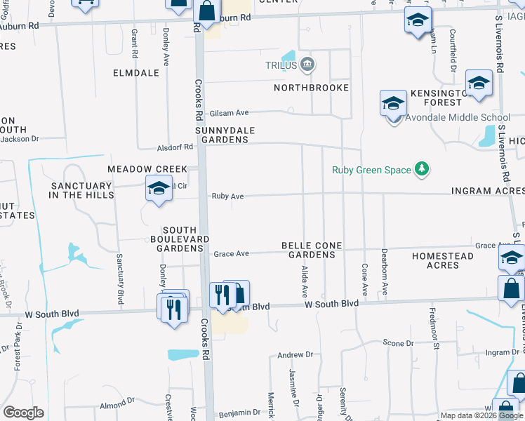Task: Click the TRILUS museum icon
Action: pyautogui.click(x=307, y=66)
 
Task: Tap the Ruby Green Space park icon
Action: pyautogui.click(x=421, y=168)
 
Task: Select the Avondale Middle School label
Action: pyautogui.click(x=458, y=117)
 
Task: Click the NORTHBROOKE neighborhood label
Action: pyautogui.click(x=311, y=88)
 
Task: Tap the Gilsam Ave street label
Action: pyautogui.click(x=231, y=112)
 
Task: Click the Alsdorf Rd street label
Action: pyautogui.click(x=175, y=147)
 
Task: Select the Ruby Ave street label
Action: pyautogui.click(x=227, y=196)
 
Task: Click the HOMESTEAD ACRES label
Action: pyautogui.click(x=442, y=261)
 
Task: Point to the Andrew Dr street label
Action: pyautogui.click(x=295, y=356)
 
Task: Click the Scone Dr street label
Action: pyautogui.click(x=399, y=343)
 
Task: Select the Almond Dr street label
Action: pyautogui.click(x=117, y=404)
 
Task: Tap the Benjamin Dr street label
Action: pyautogui.click(x=234, y=415)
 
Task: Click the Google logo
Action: pyautogui.click(x=23, y=412)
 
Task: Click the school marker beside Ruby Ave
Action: pyautogui.click(x=159, y=188)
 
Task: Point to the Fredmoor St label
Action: pyautogui.click(x=434, y=333)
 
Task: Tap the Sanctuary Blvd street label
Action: pyautogui.click(x=120, y=279)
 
